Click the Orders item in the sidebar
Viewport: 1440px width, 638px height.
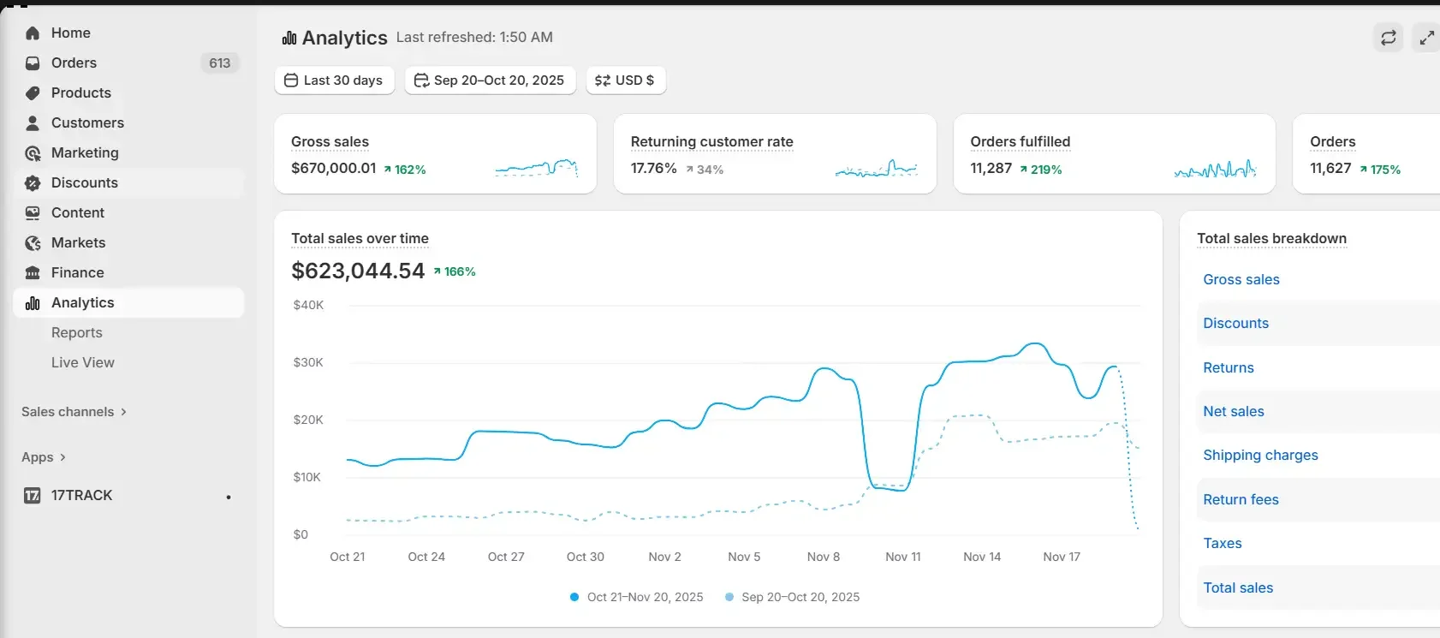(x=74, y=63)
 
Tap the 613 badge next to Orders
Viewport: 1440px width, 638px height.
(x=220, y=63)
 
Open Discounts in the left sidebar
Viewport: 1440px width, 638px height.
(x=84, y=182)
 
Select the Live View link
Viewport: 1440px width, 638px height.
(x=82, y=362)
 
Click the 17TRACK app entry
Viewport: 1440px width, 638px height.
(x=81, y=495)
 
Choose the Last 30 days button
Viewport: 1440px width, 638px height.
(x=334, y=80)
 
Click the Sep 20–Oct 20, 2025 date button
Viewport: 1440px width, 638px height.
(x=490, y=80)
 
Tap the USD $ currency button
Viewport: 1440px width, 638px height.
(x=625, y=80)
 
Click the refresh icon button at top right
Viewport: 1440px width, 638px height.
(x=1388, y=38)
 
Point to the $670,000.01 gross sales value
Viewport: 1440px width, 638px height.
(x=333, y=168)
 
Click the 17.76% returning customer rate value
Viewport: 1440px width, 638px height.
(x=653, y=168)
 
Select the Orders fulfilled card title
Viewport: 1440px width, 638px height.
(x=1020, y=141)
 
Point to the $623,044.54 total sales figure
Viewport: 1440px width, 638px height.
(x=358, y=271)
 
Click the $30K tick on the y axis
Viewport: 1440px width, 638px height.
(x=308, y=362)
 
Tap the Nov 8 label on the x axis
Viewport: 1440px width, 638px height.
(x=823, y=557)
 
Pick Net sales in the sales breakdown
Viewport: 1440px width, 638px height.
(x=1233, y=411)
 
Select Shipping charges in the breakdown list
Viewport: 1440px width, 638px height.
(x=1260, y=455)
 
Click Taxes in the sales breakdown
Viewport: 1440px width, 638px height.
(x=1222, y=543)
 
